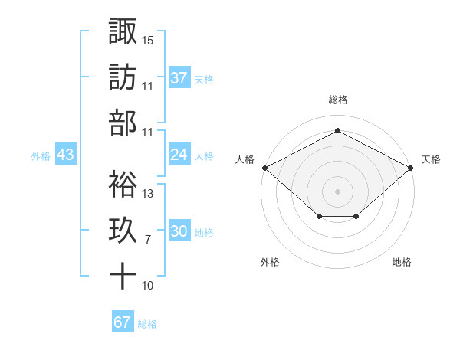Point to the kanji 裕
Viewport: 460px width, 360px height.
(123, 185)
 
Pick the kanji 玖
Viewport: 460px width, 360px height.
(123, 231)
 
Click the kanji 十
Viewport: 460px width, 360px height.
(123, 277)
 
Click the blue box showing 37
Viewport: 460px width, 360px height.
(179, 77)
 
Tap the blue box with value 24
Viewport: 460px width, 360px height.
(179, 155)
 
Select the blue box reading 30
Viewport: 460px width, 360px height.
(179, 232)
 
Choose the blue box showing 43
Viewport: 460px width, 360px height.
(66, 155)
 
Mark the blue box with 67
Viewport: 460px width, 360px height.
(122, 322)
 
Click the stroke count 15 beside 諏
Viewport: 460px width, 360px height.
(148, 38)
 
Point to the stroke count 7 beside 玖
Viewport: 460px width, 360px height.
(147, 240)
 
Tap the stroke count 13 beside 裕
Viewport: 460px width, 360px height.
(148, 194)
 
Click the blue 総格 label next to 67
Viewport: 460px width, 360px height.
(147, 323)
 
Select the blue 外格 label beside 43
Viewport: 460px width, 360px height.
(41, 156)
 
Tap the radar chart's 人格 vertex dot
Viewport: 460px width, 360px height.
(264, 168)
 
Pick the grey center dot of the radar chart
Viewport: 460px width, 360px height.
(338, 191)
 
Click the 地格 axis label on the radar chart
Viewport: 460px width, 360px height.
(402, 262)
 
